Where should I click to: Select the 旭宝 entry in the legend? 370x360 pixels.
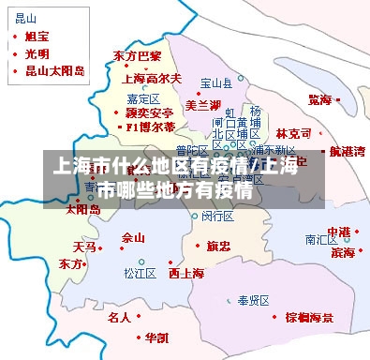(x=38, y=37)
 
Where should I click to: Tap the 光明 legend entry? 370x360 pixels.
(x=38, y=53)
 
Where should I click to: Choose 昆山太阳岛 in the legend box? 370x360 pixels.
(x=55, y=70)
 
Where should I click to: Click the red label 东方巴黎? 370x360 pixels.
(x=137, y=56)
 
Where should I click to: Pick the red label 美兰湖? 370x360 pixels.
(x=203, y=103)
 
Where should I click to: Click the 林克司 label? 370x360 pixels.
(x=294, y=134)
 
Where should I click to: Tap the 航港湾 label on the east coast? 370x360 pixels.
(x=348, y=151)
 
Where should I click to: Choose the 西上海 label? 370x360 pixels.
(x=186, y=274)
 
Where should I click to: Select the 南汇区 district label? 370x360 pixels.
(x=321, y=239)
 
